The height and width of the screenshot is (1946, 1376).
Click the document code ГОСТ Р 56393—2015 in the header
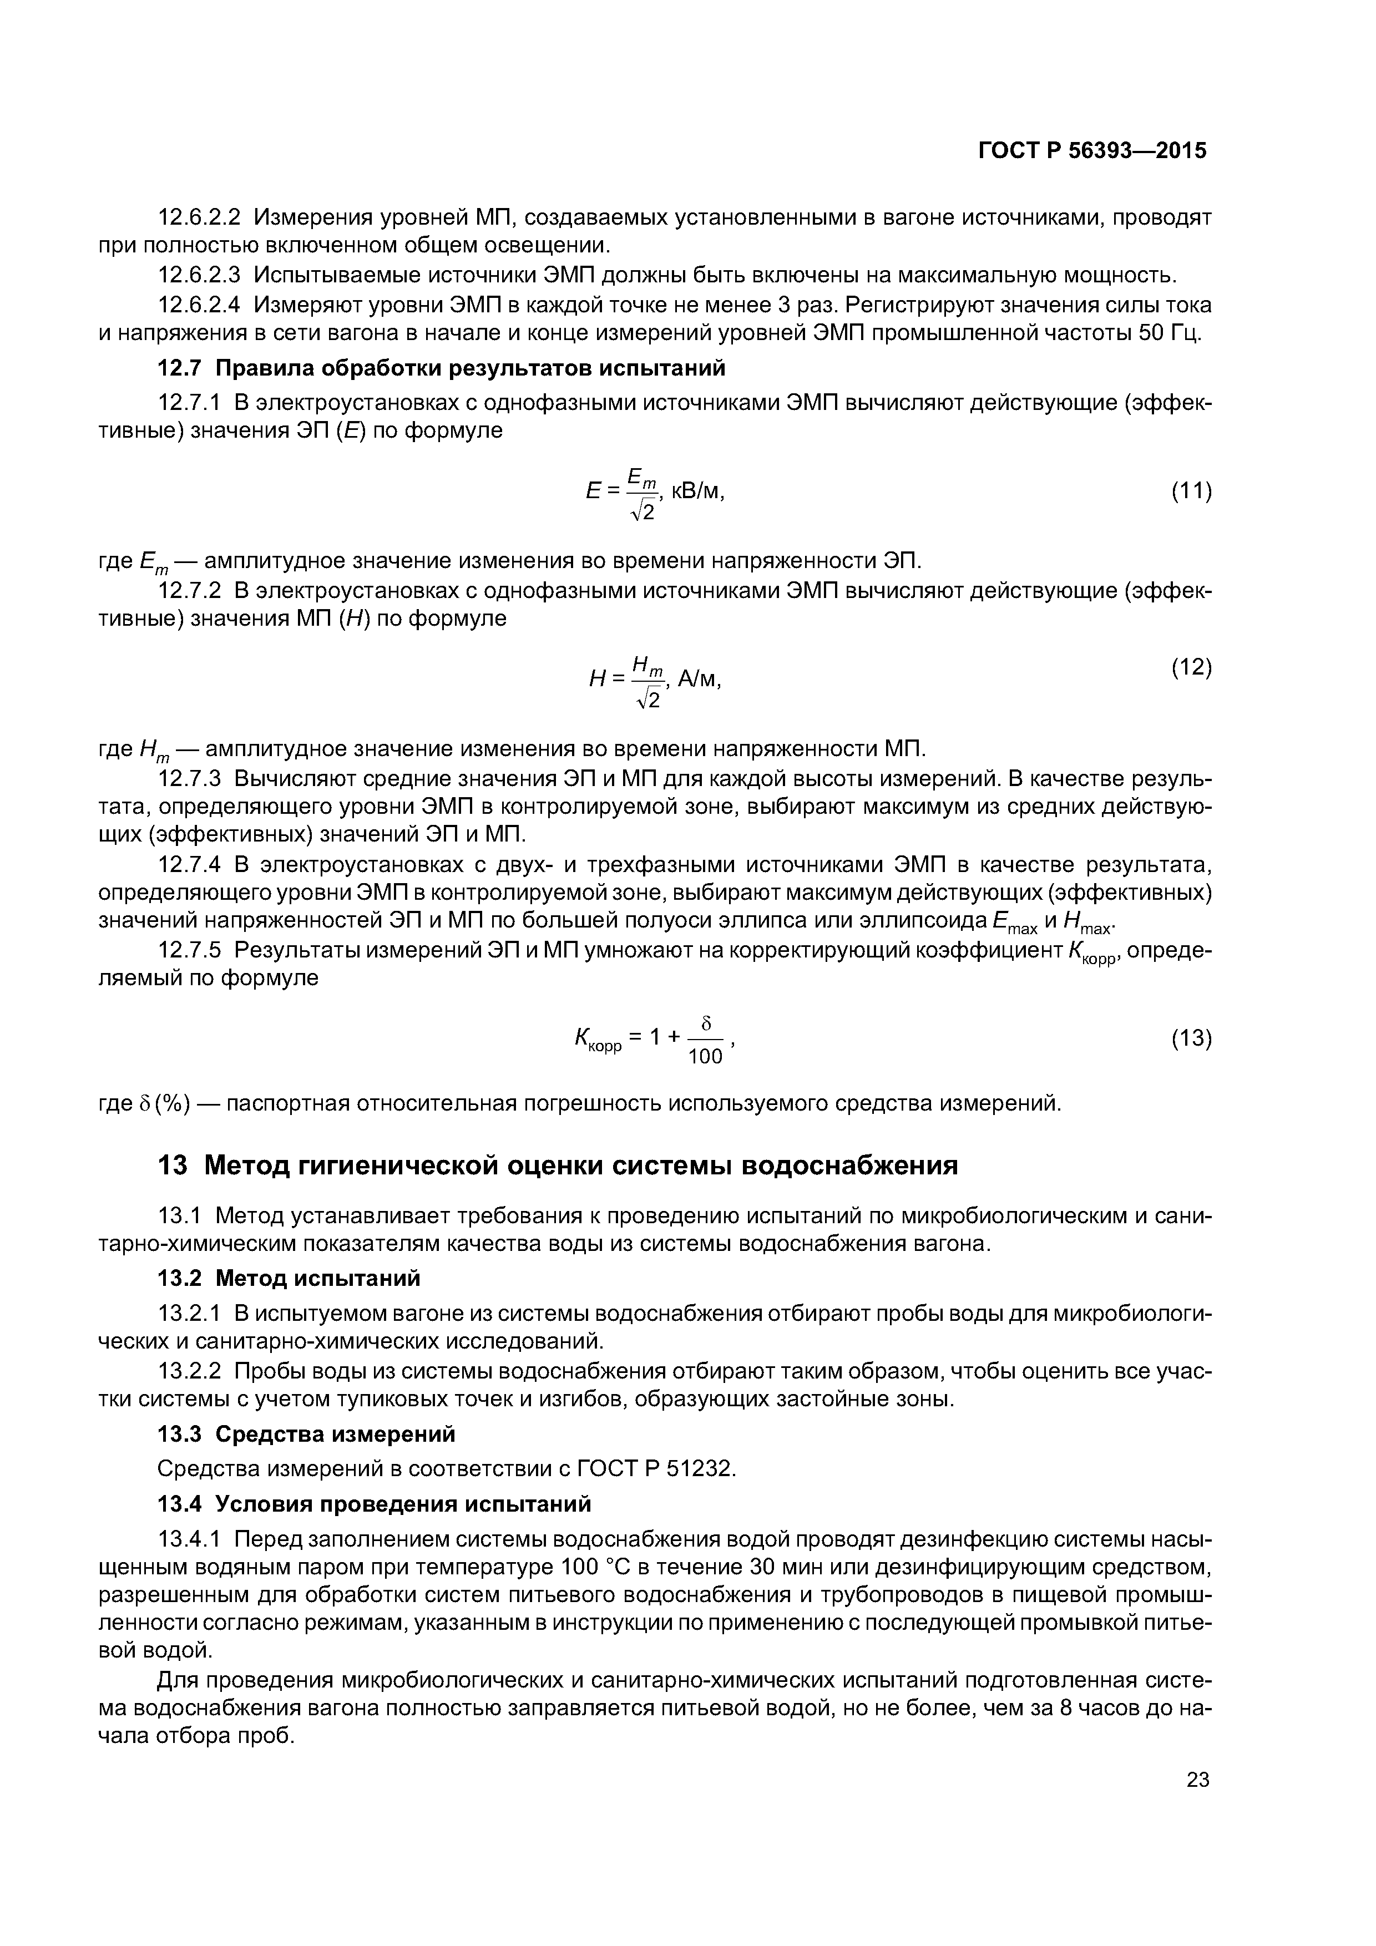point(1092,151)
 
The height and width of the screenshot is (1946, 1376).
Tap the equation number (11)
point(1191,491)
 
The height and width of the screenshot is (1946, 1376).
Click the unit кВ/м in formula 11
point(699,491)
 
